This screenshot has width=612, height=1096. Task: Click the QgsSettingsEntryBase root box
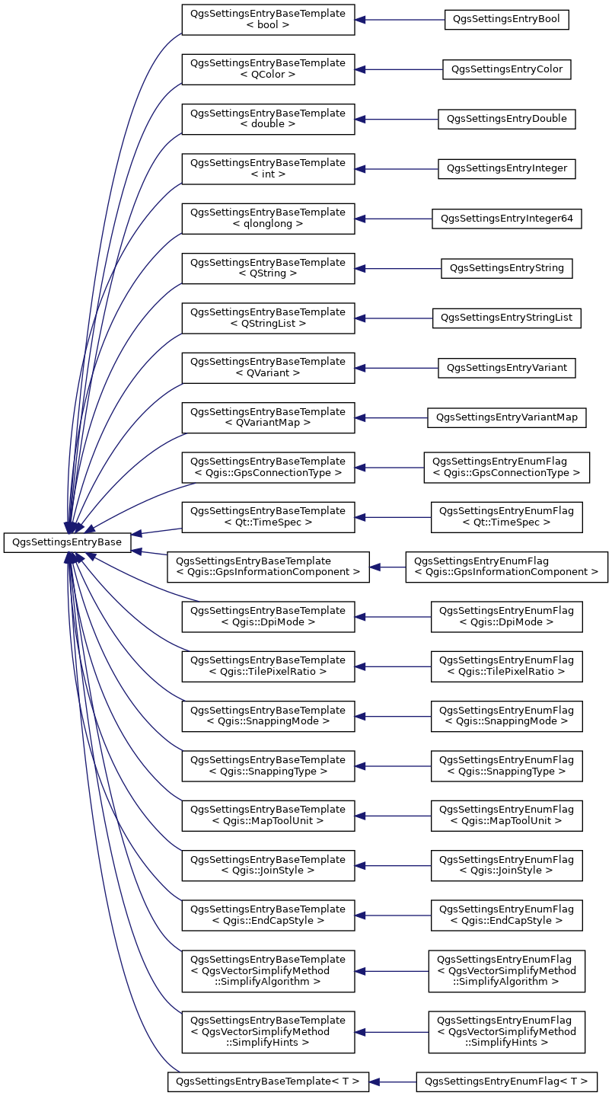coord(67,542)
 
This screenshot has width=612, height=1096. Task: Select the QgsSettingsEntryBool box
coord(506,20)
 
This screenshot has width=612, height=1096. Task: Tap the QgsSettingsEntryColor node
coord(506,69)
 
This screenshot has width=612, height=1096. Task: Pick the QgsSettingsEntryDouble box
coord(506,119)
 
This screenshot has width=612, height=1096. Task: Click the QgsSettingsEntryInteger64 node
coord(506,219)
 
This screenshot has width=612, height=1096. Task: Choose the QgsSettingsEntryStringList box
coord(506,318)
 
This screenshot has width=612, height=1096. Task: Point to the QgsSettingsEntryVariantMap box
coord(506,417)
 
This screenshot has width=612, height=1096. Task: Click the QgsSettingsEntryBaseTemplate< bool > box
coord(269,20)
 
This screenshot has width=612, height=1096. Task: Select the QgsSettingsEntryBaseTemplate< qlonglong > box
coord(269,219)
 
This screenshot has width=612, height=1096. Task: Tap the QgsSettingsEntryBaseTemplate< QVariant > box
coord(269,368)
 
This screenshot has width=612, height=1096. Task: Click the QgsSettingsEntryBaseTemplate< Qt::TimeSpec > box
coord(269,517)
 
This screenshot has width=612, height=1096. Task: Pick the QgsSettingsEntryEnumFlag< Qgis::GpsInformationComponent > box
coord(506,567)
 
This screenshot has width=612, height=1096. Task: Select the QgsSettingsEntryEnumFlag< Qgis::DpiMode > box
coord(506,617)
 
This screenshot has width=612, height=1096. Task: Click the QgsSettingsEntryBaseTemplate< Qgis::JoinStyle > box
coord(269,865)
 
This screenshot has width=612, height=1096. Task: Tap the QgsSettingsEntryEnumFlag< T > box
coord(506,1082)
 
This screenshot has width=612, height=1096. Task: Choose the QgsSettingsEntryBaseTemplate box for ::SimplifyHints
coord(269,1032)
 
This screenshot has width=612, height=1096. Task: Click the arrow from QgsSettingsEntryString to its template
coord(398,269)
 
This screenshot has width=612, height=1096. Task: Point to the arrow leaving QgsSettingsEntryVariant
coord(397,368)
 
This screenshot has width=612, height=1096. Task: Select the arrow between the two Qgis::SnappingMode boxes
coord(393,716)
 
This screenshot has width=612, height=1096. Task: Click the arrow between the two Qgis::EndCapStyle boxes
coord(393,915)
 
